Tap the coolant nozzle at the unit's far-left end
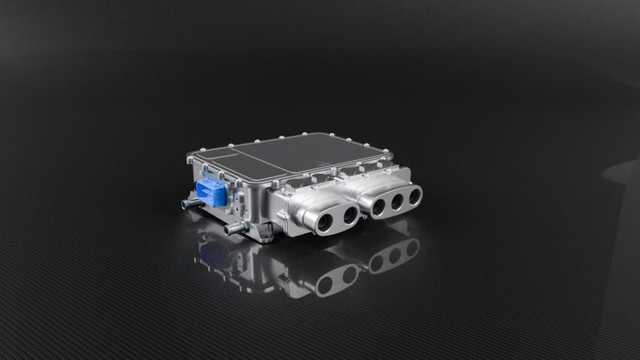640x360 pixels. pos(187,205)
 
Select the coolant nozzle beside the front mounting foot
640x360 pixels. pos(234,227)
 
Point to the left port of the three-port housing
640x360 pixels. pos(378,206)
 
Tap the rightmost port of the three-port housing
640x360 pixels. pos(415,195)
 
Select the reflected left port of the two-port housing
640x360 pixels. pos(325,284)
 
